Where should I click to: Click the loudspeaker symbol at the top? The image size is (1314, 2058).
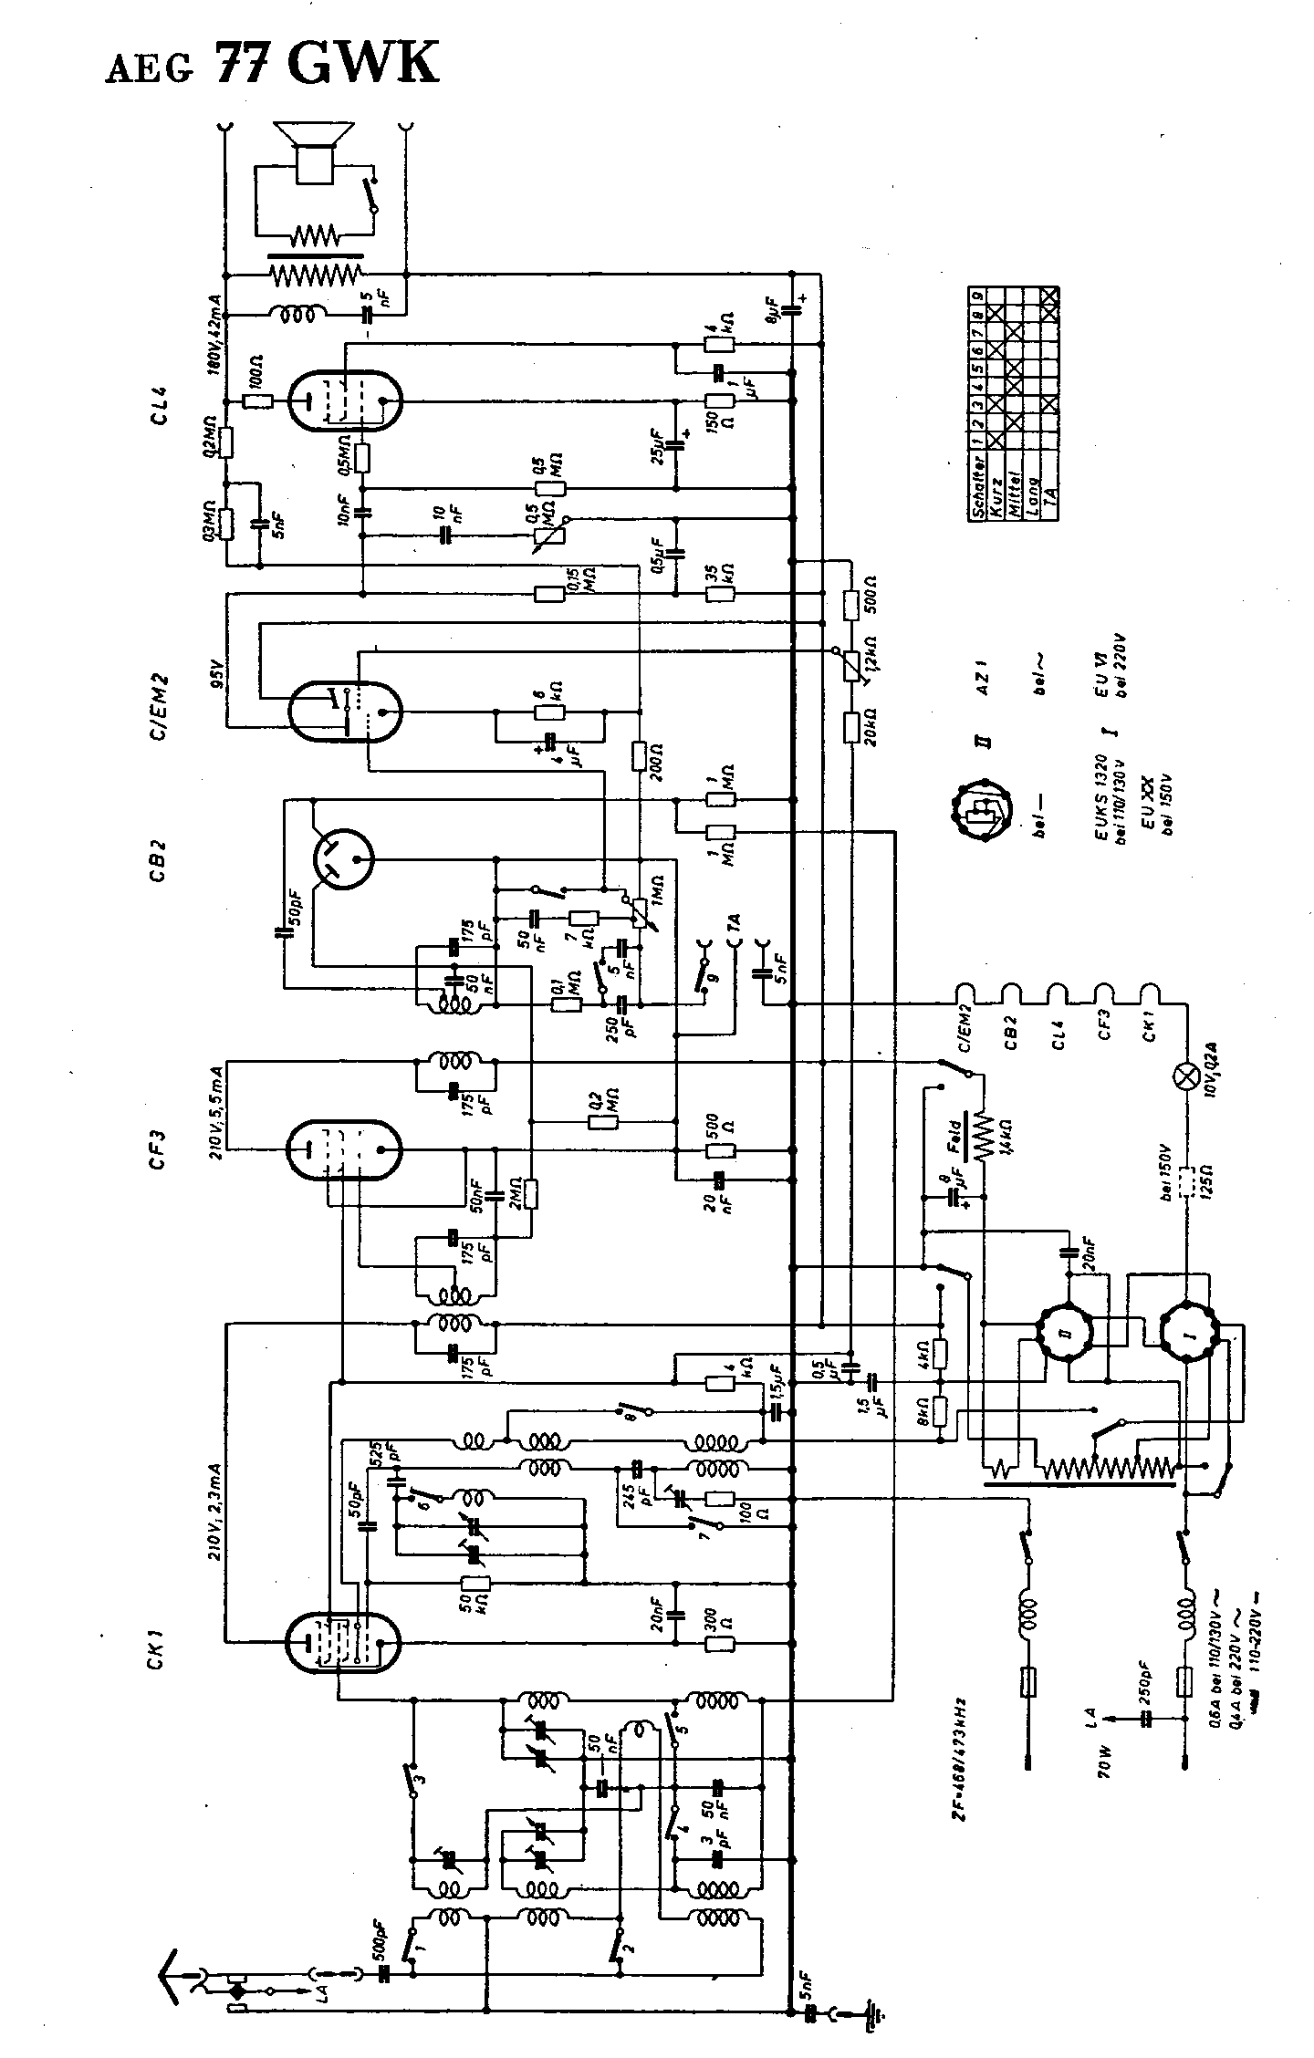[316, 151]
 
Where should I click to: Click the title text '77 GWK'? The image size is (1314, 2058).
[327, 64]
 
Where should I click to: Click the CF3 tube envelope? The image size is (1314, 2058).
[344, 1150]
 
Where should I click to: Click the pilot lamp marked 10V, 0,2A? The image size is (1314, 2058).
[1187, 1077]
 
